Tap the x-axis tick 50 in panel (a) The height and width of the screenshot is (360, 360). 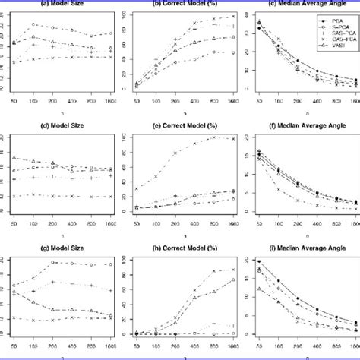pyautogui.click(x=14, y=100)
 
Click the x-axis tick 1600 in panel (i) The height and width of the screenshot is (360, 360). pyautogui.click(x=354, y=350)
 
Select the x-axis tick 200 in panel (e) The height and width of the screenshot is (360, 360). pyautogui.click(x=175, y=226)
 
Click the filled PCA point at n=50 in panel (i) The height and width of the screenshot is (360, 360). pyautogui.click(x=259, y=262)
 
